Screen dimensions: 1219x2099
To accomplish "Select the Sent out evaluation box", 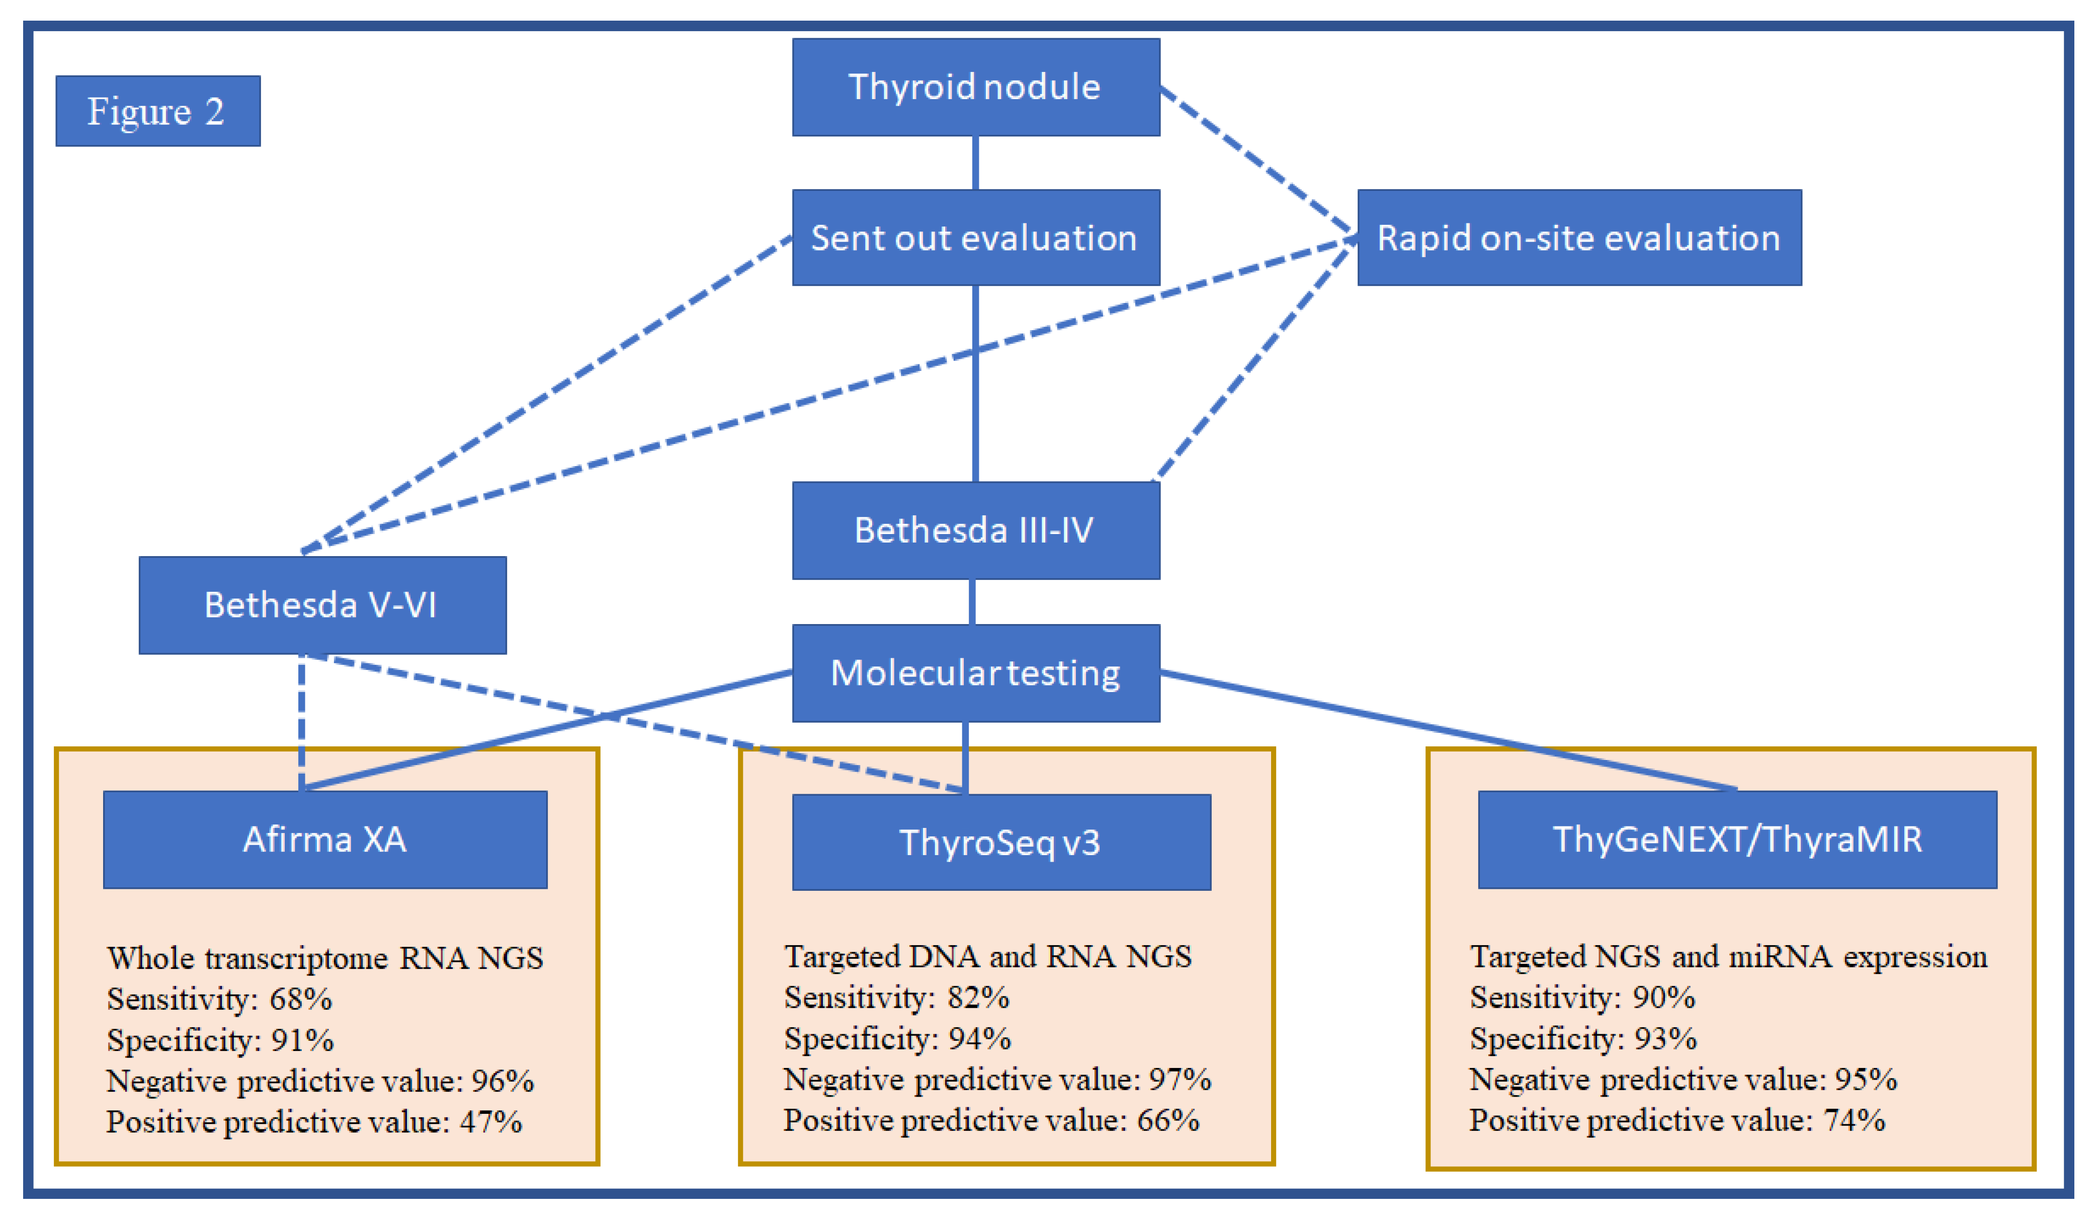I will (x=975, y=238).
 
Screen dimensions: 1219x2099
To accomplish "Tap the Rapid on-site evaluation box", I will (x=1579, y=238).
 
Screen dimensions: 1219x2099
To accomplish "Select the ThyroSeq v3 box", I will (x=1001, y=843).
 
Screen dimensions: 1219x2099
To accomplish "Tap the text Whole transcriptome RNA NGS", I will (x=325, y=958).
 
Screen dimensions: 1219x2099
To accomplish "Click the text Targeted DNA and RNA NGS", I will (x=988, y=957).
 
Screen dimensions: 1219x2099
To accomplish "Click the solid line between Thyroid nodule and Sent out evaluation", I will (x=975, y=163).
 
